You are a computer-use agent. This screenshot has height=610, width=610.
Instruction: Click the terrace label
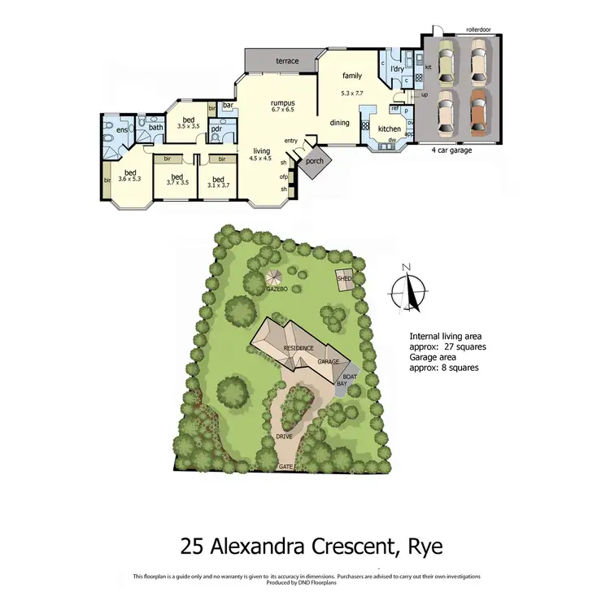point(286,61)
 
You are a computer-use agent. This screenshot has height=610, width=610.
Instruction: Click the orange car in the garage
point(481,115)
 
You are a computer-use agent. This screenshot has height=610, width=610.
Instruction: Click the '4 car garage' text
point(452,150)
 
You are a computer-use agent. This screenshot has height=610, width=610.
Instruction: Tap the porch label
point(314,160)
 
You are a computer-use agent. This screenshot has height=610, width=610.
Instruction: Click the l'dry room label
point(398,68)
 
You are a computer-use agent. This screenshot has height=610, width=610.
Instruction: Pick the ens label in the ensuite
point(122,129)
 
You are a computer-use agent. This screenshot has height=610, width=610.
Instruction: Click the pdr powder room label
point(216,129)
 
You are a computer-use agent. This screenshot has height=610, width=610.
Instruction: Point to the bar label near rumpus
point(229,106)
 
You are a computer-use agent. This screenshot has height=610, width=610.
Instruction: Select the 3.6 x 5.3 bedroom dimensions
point(129,178)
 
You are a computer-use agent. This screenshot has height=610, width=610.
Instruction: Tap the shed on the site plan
point(343,279)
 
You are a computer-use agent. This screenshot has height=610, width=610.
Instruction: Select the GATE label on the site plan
point(285,467)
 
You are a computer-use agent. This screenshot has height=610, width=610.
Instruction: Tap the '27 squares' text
point(466,346)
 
